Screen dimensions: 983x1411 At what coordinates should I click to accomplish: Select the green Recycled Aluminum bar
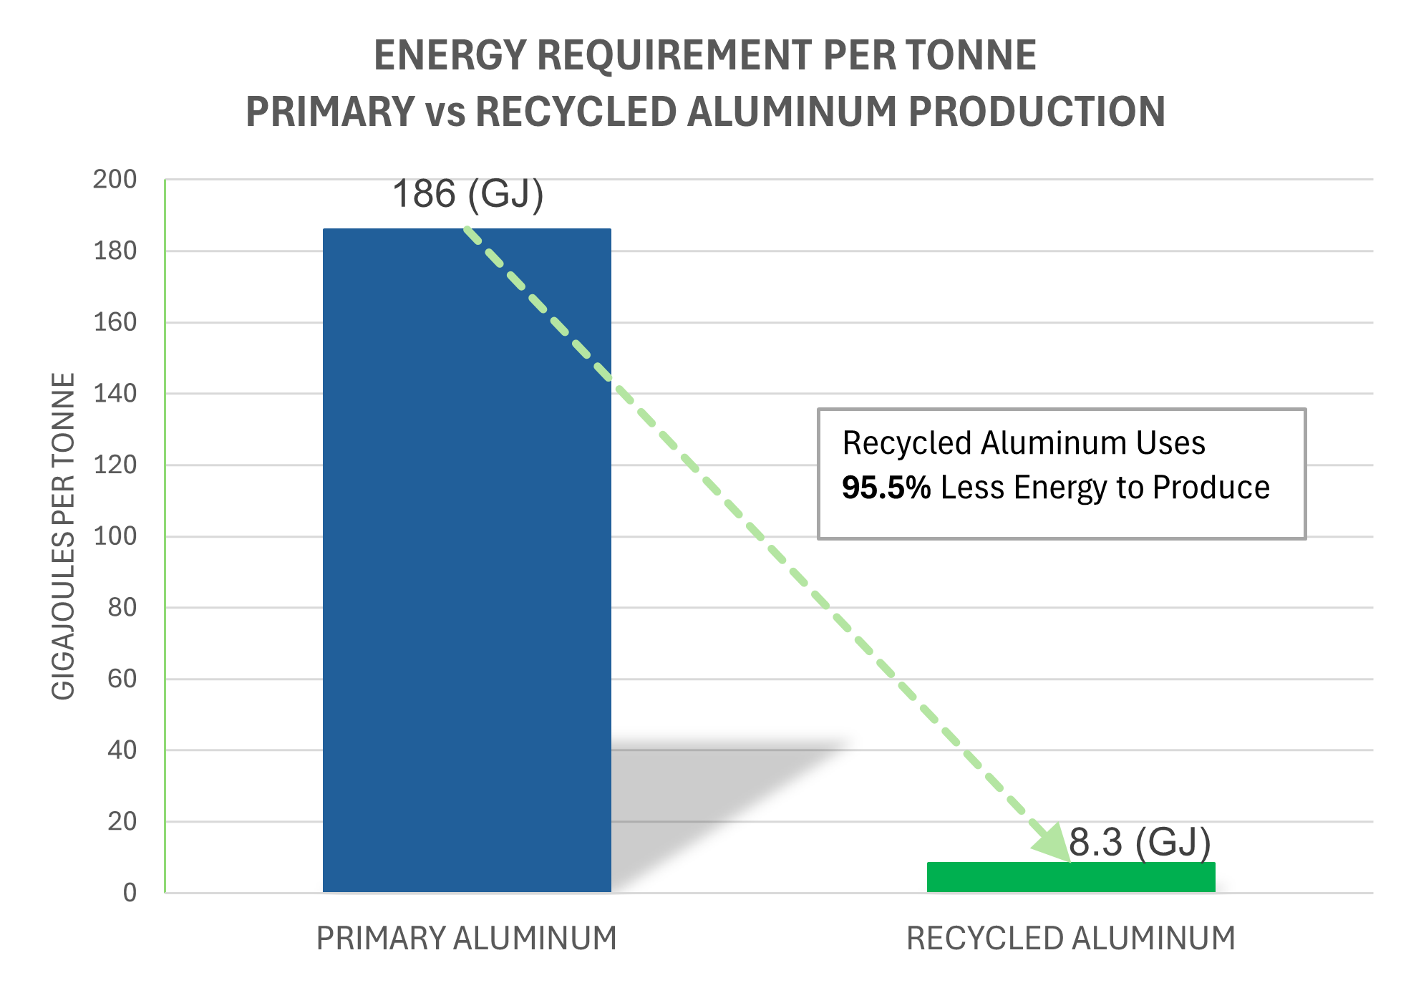[1071, 877]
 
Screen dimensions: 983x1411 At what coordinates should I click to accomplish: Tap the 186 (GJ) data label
[468, 194]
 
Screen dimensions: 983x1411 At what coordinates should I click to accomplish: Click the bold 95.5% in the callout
[886, 488]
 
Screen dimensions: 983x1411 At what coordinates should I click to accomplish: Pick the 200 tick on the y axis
[115, 180]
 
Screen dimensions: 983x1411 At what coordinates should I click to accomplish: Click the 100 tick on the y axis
[115, 536]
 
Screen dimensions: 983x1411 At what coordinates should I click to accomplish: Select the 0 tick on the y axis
[130, 893]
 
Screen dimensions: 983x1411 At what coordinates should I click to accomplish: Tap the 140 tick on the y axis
[115, 393]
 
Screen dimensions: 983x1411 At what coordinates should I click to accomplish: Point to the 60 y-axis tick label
[122, 679]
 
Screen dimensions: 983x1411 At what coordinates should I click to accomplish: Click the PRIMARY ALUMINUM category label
[467, 938]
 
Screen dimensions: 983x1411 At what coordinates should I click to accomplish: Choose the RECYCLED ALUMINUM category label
[1071, 938]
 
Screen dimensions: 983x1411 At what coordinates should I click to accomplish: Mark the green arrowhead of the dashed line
[1052, 841]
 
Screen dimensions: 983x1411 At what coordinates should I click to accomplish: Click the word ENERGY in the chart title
[450, 56]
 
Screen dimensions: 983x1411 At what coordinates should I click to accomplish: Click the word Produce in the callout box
[1211, 488]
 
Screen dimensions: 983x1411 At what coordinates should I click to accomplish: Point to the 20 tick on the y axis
[122, 821]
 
